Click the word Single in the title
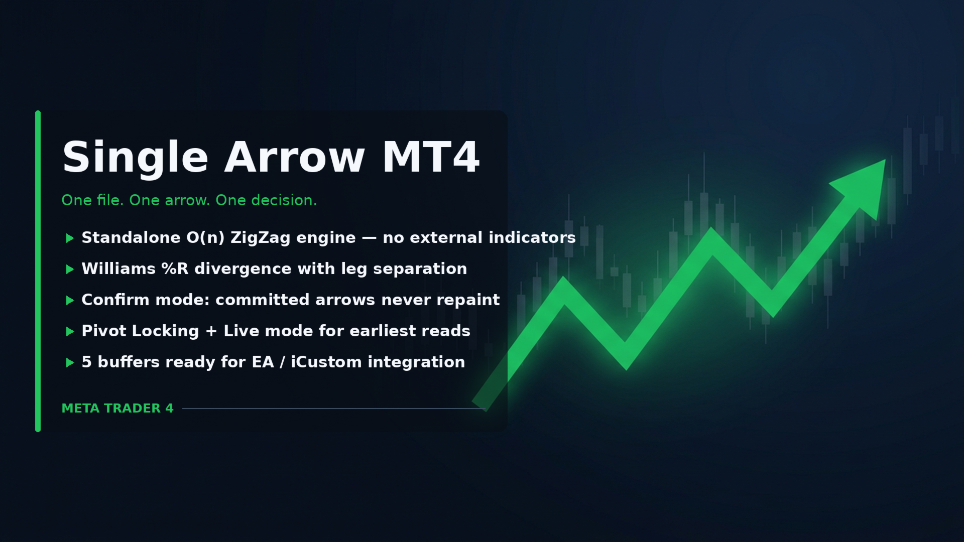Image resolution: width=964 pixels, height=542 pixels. (135, 158)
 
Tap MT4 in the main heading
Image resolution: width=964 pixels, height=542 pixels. (431, 157)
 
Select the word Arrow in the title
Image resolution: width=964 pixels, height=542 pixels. (295, 157)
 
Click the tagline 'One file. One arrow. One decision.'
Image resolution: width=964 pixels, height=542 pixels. (189, 200)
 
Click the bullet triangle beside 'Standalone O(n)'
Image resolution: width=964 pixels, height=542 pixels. (70, 238)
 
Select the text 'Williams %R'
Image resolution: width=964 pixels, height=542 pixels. (135, 268)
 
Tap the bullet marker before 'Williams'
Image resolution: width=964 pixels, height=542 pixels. (70, 269)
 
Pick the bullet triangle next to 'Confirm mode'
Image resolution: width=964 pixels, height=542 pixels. (70, 300)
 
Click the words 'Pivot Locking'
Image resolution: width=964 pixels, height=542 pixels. (141, 331)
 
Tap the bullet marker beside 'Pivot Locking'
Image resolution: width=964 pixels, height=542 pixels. (70, 331)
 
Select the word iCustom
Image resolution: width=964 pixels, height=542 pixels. (326, 362)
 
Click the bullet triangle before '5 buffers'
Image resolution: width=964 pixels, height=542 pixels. (70, 362)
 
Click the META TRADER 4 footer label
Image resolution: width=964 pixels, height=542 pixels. (117, 409)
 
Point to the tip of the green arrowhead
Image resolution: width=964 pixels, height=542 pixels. (885, 160)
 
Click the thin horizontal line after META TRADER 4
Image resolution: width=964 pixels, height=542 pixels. (333, 409)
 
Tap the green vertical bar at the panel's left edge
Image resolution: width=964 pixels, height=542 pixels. (38, 271)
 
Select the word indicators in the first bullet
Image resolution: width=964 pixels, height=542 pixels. (532, 237)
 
